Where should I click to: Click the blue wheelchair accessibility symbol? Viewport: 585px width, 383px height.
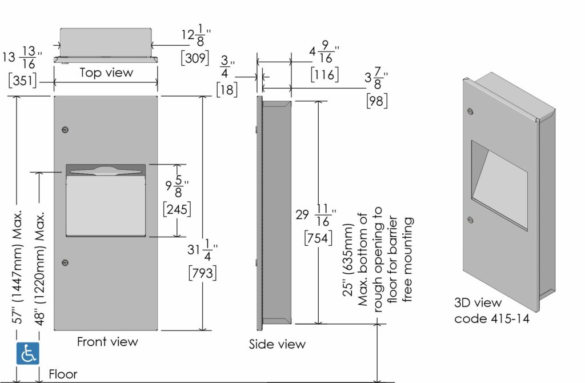(27, 353)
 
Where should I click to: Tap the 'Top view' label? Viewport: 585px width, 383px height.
(106, 73)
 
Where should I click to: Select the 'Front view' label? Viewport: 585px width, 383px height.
(107, 342)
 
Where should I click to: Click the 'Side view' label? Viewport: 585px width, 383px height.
(277, 344)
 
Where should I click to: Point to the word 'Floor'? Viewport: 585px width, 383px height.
(63, 374)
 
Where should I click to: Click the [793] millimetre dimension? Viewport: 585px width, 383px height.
(203, 273)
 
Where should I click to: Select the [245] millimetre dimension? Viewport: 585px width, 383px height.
(177, 209)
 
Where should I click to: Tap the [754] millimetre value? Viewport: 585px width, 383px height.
(318, 238)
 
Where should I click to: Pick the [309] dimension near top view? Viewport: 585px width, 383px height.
(195, 58)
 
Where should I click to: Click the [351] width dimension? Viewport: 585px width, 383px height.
(23, 81)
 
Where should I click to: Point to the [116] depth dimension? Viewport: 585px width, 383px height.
(324, 75)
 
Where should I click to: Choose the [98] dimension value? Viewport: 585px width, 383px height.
(377, 101)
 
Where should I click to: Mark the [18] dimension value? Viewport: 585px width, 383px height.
(227, 90)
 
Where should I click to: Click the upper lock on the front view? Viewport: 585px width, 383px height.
(65, 130)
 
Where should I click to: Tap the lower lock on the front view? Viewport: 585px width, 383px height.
(65, 263)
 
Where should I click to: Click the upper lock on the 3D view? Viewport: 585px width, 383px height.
(470, 111)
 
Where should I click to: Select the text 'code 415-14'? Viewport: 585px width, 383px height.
(492, 318)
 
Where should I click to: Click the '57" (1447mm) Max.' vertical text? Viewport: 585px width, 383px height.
(18, 268)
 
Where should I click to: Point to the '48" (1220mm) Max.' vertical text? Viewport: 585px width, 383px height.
(39, 269)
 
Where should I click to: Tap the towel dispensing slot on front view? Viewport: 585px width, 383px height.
(106, 171)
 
